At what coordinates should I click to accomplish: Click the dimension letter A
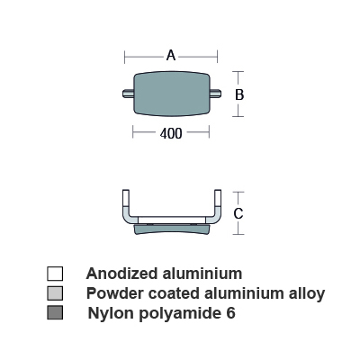point(171,56)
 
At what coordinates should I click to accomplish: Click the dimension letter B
point(239,94)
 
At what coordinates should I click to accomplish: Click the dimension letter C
point(238,214)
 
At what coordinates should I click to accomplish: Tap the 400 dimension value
point(171,133)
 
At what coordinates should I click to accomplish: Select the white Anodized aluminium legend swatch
point(55,274)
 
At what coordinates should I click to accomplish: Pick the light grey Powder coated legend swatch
point(55,293)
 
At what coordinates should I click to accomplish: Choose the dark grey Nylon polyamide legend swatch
point(55,312)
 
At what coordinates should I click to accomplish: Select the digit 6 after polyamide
point(230,313)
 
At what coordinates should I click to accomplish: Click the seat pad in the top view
point(172,94)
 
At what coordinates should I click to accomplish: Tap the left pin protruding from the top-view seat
point(128,94)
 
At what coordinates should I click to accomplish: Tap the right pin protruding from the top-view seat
point(215,94)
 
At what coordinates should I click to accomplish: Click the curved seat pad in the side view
point(172,229)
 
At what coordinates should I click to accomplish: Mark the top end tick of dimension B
point(238,72)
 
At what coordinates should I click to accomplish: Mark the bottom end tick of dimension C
point(238,234)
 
